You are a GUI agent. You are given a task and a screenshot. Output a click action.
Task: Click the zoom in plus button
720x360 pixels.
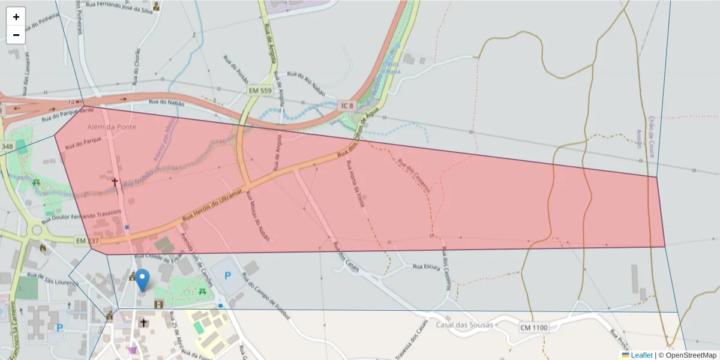pyautogui.click(x=16, y=17)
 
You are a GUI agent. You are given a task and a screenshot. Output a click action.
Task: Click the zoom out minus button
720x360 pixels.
pyautogui.click(x=16, y=35)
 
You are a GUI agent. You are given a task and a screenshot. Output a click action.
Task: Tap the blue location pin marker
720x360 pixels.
pyautogui.click(x=142, y=280)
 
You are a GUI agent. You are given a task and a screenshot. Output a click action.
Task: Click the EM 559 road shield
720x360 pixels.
pyautogui.click(x=260, y=91)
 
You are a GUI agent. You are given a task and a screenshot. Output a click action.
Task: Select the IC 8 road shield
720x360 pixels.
pyautogui.click(x=347, y=106)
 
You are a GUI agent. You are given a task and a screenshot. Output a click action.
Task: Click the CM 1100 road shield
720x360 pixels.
pyautogui.click(x=533, y=328)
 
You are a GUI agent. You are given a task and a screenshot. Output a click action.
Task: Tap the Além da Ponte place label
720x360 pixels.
pyautogui.click(x=112, y=127)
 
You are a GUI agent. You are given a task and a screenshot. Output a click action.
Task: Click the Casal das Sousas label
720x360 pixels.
pyautogui.click(x=465, y=325)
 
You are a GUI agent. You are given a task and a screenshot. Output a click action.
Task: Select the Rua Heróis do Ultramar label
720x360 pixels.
pyautogui.click(x=212, y=206)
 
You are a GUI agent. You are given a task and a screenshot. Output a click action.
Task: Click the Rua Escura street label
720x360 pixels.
pyautogui.click(x=427, y=266)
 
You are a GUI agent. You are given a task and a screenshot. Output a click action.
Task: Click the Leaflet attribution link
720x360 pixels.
pyautogui.click(x=641, y=355)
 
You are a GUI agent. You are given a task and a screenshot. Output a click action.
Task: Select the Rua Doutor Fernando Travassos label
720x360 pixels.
pyautogui.click(x=84, y=213)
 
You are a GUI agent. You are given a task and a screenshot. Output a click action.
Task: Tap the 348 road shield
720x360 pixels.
pyautogui.click(x=7, y=146)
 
